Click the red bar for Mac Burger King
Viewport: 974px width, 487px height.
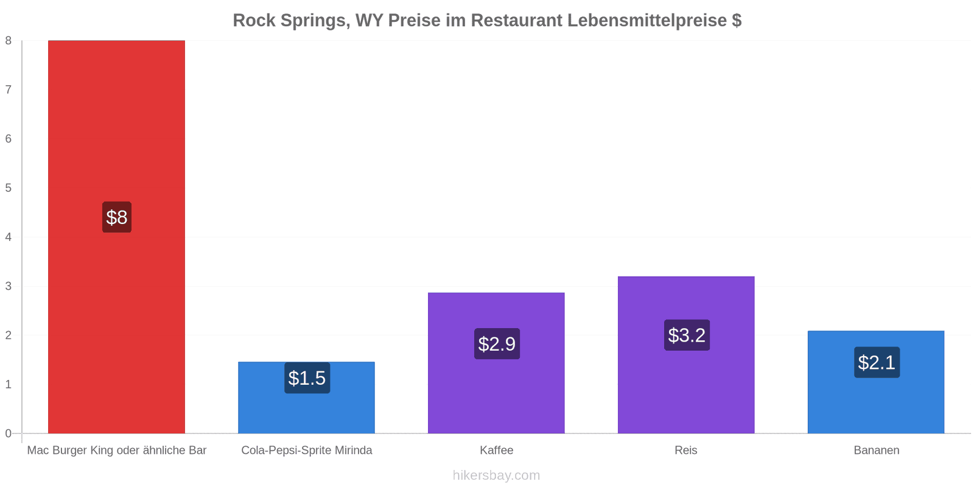[x=116, y=237]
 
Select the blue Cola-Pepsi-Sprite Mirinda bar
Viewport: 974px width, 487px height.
[x=307, y=398]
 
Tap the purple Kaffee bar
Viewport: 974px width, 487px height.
[x=496, y=363]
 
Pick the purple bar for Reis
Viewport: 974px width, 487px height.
[x=686, y=355]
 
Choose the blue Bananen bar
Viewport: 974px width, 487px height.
[x=876, y=382]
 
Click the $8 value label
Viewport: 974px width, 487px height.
[x=117, y=217]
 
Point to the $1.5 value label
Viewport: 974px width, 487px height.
[x=307, y=378]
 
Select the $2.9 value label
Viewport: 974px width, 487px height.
[x=497, y=343]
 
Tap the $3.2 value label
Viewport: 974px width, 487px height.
[x=687, y=335]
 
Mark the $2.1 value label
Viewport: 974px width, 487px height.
[x=877, y=362]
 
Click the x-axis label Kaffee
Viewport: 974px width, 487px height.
[x=497, y=450]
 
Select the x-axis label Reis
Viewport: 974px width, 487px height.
[x=686, y=450]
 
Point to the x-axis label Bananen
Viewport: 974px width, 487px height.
[x=877, y=450]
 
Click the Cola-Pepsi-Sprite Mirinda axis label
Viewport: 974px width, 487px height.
[x=307, y=450]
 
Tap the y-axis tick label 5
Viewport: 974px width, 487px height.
[x=9, y=188]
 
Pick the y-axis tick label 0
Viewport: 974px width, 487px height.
[x=9, y=433]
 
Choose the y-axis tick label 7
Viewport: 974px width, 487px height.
[x=9, y=89]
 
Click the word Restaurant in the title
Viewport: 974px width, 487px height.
[x=517, y=21]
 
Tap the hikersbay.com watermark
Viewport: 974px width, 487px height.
[x=497, y=475]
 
